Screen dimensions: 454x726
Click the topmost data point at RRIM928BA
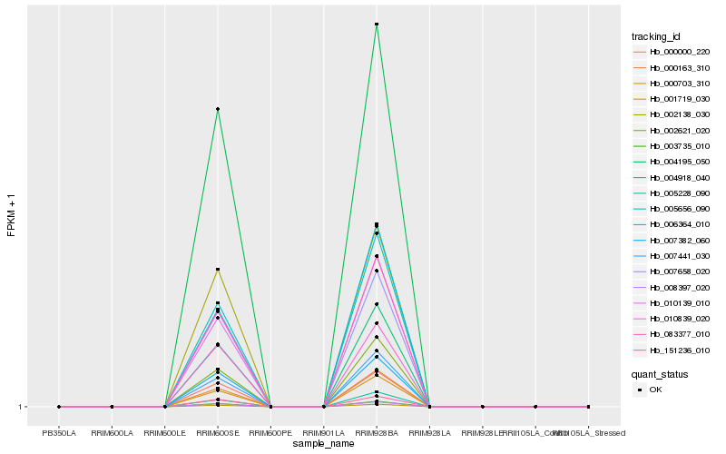point(377,25)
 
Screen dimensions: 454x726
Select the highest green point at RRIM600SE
point(218,109)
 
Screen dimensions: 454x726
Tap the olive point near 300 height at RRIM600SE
point(218,270)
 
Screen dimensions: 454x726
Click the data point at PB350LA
point(59,407)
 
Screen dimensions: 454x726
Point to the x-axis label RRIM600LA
point(112,433)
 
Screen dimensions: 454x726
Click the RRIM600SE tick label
point(218,433)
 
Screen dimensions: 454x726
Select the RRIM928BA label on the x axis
point(377,433)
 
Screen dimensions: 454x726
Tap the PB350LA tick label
point(59,433)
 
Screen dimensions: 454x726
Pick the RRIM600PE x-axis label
point(270,433)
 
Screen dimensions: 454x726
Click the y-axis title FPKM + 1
point(12,215)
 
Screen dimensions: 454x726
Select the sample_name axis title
point(324,444)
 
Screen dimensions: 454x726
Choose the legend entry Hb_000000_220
point(679,53)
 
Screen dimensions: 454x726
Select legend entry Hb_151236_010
point(679,350)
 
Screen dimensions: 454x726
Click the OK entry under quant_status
point(657,390)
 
